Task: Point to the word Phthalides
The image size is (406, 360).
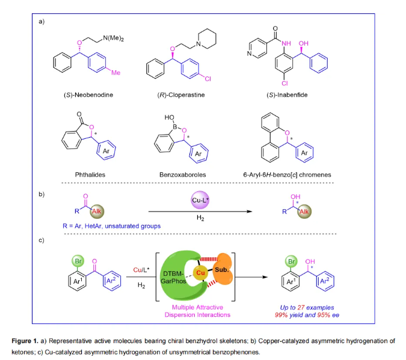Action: pyautogui.click(x=79, y=174)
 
